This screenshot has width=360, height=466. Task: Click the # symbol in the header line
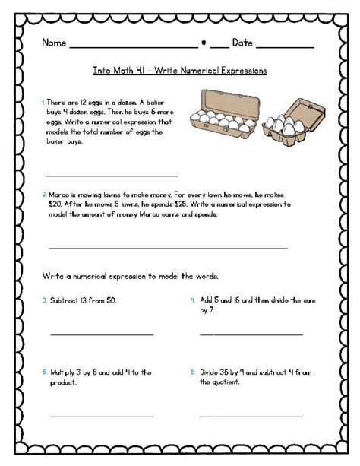pos(204,43)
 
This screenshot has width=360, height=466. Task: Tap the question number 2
pos(43,195)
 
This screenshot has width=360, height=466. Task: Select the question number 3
pos(44,300)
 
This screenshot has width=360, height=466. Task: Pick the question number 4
pos(193,300)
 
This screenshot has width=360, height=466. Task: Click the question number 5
pos(44,372)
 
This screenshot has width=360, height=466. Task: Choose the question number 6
pos(193,372)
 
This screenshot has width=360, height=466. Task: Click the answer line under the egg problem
pos(112,176)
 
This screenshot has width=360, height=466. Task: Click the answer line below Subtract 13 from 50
pos(102,334)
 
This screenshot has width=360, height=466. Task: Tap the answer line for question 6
pos(251,415)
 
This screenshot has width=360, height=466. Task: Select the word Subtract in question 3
pos(65,300)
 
